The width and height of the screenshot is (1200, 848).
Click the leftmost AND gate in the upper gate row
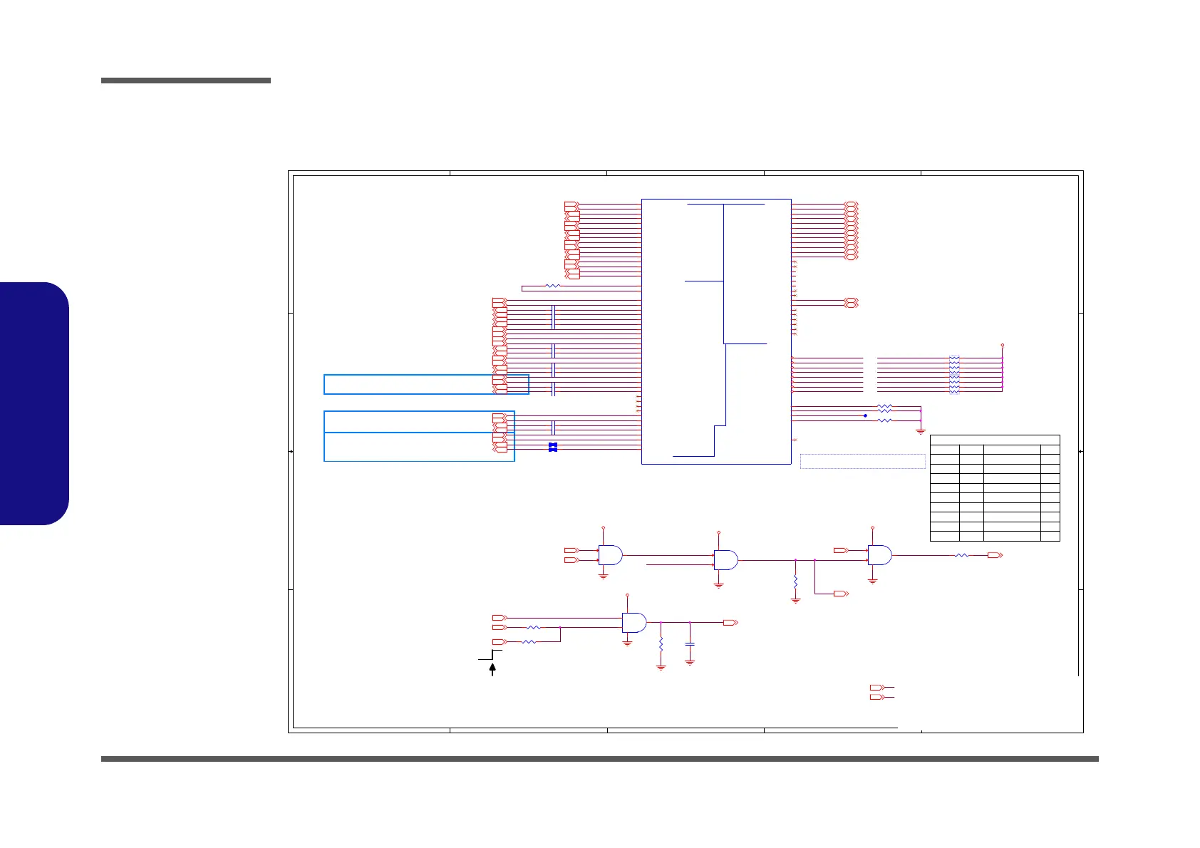click(610, 555)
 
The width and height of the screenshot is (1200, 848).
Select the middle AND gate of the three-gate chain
click(725, 560)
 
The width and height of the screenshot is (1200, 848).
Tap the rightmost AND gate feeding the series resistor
click(879, 555)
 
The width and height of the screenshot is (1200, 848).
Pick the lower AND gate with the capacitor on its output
click(633, 623)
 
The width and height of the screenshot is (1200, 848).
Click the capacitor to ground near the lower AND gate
click(690, 644)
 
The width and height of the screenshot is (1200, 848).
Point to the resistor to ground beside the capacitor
click(661, 644)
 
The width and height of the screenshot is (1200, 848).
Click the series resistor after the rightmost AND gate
click(961, 555)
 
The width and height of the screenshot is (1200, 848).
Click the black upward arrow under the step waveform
click(492, 669)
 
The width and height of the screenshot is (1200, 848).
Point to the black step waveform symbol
click(491, 655)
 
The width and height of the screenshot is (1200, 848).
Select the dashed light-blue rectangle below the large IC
click(862, 461)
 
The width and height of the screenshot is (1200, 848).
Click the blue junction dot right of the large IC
click(865, 415)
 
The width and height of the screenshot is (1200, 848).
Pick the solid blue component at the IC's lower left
click(552, 447)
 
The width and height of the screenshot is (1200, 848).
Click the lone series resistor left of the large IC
click(552, 286)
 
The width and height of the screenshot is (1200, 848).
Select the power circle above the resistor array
click(1003, 345)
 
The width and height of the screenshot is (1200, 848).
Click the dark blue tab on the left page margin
click(34, 403)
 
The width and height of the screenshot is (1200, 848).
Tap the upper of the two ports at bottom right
click(876, 688)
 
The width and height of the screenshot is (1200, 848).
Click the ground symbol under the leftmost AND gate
click(604, 576)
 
